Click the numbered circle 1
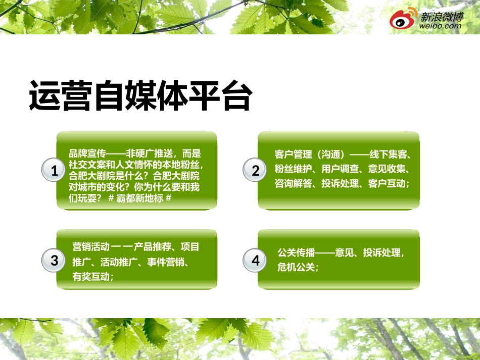55,171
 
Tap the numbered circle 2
255,171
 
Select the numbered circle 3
55,261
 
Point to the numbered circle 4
255,261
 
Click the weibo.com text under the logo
441,26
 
